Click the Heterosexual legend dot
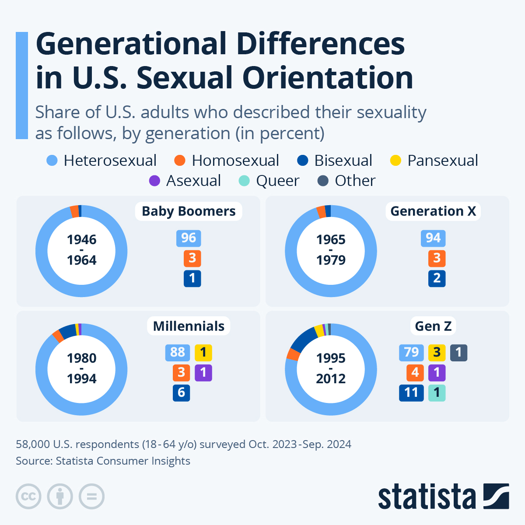pyautogui.click(x=52, y=161)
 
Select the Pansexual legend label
pyautogui.click(x=442, y=161)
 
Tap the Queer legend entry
pyautogui.click(x=277, y=181)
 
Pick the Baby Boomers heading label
pyautogui.click(x=189, y=211)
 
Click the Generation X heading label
pyautogui.click(x=433, y=211)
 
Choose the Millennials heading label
pyautogui.click(x=189, y=326)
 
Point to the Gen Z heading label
pyautogui.click(x=433, y=326)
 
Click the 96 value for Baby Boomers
pyautogui.click(x=189, y=238)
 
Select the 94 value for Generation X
pyautogui.click(x=433, y=238)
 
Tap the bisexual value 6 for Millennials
pyautogui.click(x=181, y=393)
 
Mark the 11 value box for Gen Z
pyautogui.click(x=411, y=393)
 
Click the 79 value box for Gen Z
pyautogui.click(x=411, y=353)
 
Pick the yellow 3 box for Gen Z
pyautogui.click(x=437, y=353)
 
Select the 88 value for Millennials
pyautogui.click(x=178, y=353)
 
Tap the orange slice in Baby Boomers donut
pyautogui.click(x=75, y=211)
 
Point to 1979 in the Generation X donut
pyautogui.click(x=331, y=260)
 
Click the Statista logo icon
pyautogui.click(x=496, y=496)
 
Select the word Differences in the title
pyautogui.click(x=321, y=44)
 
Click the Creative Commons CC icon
pyautogui.click(x=28, y=497)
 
